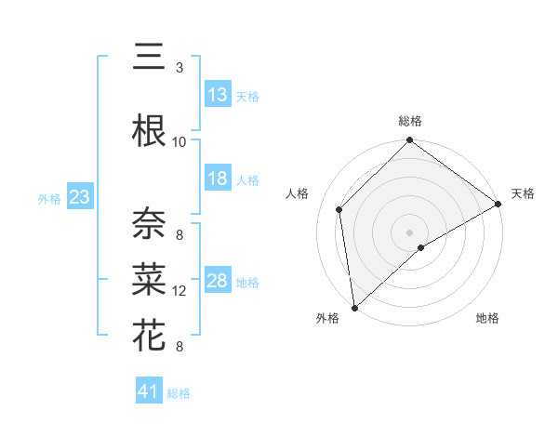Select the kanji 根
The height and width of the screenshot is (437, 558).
(149, 131)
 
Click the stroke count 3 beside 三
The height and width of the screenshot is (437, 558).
(179, 68)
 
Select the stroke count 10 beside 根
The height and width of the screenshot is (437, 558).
(179, 141)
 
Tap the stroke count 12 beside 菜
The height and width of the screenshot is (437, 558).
(179, 291)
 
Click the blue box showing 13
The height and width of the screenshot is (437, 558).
(218, 95)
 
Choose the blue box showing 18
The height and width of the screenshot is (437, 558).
(218, 179)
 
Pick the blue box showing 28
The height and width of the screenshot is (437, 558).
(218, 281)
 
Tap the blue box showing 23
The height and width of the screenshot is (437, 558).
(80, 197)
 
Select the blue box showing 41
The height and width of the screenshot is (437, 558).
(149, 391)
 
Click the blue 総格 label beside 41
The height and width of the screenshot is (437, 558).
(179, 393)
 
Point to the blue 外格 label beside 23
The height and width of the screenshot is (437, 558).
(49, 198)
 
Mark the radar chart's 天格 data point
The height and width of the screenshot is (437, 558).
(498, 205)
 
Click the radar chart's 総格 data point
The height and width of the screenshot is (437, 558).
(409, 141)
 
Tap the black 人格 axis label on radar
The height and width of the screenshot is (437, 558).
(298, 193)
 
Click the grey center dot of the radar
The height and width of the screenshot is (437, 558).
(409, 231)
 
